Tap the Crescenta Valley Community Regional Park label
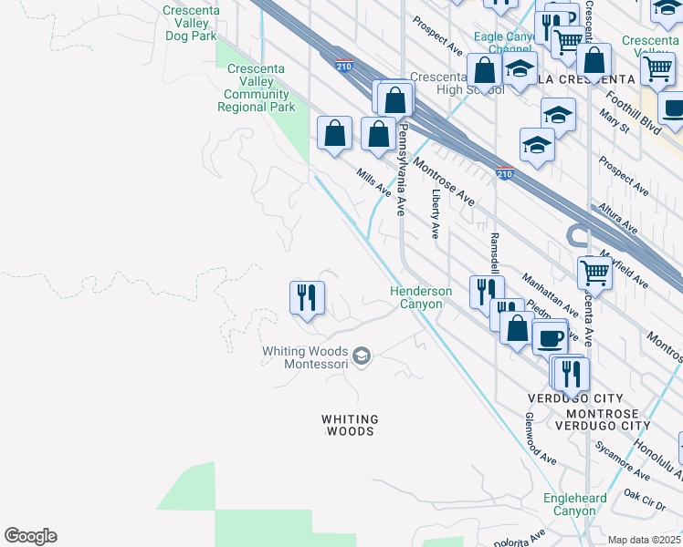click(x=256, y=88)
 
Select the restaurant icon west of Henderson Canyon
click(x=307, y=297)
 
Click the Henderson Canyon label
click(x=421, y=297)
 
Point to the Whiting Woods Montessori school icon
click(x=362, y=356)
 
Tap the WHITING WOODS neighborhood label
click(x=348, y=425)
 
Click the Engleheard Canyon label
click(x=569, y=504)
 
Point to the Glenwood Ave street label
click(x=540, y=439)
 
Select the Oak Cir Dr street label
click(x=645, y=500)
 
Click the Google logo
click(x=30, y=536)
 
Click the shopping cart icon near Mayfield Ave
click(x=594, y=271)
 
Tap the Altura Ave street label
click(x=618, y=219)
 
